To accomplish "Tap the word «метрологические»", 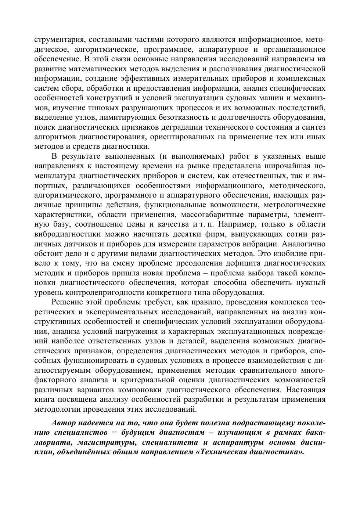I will [x=295, y=205].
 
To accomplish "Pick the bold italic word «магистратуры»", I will [x=106, y=442].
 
